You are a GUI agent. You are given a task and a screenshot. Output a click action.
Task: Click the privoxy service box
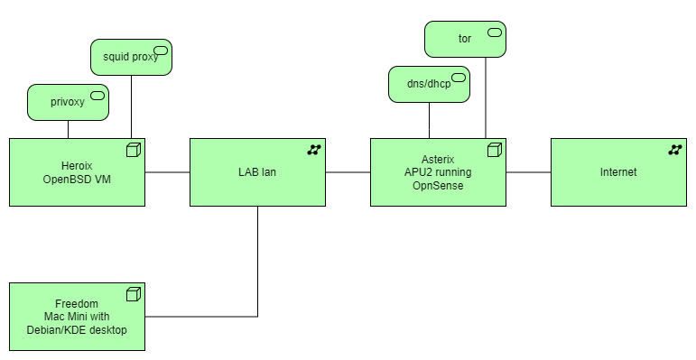tap(68, 102)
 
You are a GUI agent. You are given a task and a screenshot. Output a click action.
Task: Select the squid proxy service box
tap(131, 56)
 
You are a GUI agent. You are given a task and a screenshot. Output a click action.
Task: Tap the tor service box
tap(465, 39)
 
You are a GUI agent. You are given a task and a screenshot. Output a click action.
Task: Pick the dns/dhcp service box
tap(429, 84)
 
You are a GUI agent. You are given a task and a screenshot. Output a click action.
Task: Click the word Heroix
tap(77, 165)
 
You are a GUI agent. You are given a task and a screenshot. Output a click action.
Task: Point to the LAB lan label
tap(257, 172)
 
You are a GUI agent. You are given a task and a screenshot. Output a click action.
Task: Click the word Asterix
tap(438, 159)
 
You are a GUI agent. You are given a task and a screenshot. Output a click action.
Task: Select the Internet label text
tap(618, 172)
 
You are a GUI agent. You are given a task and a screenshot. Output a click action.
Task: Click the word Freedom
tap(77, 303)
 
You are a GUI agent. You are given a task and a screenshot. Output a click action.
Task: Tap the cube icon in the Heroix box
tap(134, 150)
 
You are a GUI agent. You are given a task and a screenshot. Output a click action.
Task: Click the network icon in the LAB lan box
tap(314, 150)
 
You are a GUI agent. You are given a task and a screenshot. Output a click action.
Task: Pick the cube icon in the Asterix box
tap(495, 150)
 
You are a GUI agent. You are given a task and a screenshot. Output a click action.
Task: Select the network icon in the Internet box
tap(675, 150)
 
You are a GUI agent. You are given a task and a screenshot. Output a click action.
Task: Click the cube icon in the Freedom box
tap(134, 294)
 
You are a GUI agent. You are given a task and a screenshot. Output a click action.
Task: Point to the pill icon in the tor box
tap(495, 32)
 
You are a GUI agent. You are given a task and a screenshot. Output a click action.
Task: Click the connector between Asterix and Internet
tap(528, 172)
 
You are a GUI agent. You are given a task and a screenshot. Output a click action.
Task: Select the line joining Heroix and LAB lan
tap(167, 172)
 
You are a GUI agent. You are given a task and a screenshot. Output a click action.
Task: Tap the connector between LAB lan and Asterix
tap(348, 172)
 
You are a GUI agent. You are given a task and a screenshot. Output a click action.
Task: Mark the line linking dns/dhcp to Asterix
tap(429, 120)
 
